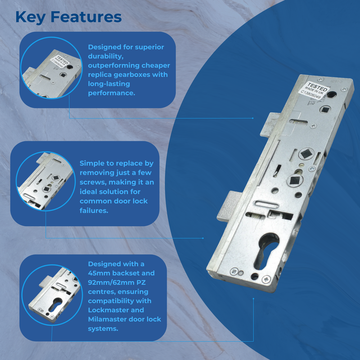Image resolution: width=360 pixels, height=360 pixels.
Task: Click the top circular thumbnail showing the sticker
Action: [x=46, y=69]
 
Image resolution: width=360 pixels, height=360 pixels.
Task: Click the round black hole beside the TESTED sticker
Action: [x=332, y=94]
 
